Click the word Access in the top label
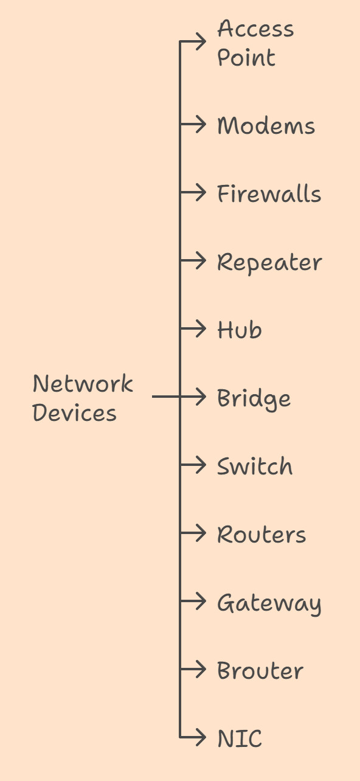(255, 29)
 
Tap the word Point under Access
(246, 58)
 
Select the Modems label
(266, 126)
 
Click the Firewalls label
(269, 194)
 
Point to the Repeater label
(269, 263)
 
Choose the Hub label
(240, 330)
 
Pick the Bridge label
(254, 399)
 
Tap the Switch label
(255, 467)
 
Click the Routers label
(261, 535)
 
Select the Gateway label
(269, 603)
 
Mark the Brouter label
(260, 671)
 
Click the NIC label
(240, 739)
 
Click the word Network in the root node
(83, 384)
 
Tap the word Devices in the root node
(74, 413)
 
